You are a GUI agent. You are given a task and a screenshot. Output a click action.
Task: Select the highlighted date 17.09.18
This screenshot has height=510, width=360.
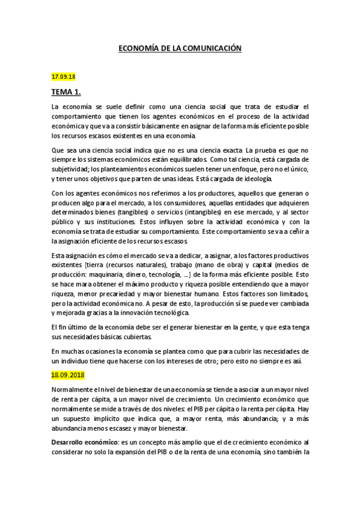click(x=63, y=76)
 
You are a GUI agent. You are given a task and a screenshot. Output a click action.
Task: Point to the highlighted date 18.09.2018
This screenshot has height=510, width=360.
click(x=67, y=375)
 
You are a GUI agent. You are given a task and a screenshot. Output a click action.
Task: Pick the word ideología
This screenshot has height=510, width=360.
click(x=255, y=179)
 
